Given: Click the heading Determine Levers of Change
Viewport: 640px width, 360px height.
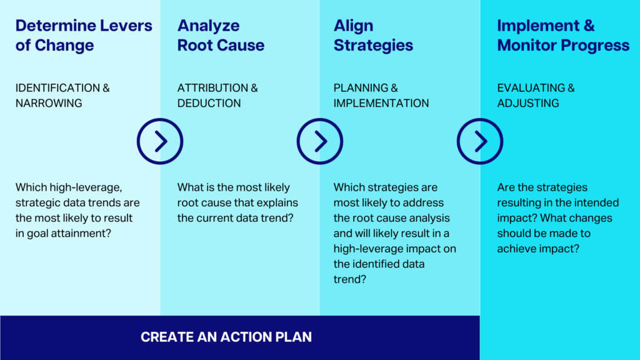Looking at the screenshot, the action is point(84,35).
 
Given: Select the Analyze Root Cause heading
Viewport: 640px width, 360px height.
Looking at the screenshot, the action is point(221,35).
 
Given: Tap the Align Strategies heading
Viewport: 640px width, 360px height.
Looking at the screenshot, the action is point(373,35).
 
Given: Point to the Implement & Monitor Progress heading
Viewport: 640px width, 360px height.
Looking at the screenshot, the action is point(563,35).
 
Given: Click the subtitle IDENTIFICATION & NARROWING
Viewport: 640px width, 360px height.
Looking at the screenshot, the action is point(62,96).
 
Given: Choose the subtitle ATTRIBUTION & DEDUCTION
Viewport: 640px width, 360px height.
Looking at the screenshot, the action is point(217,96).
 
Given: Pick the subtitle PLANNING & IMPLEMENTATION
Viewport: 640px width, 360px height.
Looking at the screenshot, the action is point(381,96).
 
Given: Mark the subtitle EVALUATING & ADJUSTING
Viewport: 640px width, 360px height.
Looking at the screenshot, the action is point(536,96).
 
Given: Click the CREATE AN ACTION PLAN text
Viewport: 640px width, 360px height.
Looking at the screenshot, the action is point(226,337).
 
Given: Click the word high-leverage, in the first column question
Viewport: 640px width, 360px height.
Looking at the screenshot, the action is point(86,187).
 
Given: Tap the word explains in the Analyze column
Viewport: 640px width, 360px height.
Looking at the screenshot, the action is point(277,203).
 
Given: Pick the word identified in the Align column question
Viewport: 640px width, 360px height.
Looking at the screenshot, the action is point(378,264).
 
